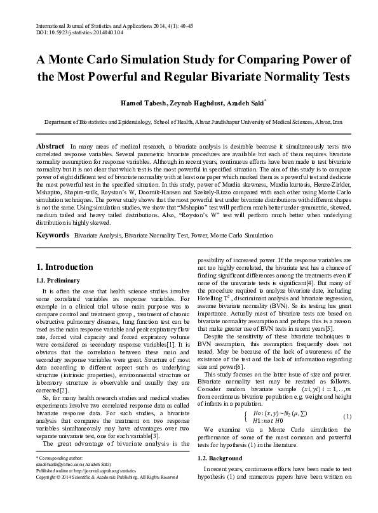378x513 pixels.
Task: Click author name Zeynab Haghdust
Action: tap(184, 103)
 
